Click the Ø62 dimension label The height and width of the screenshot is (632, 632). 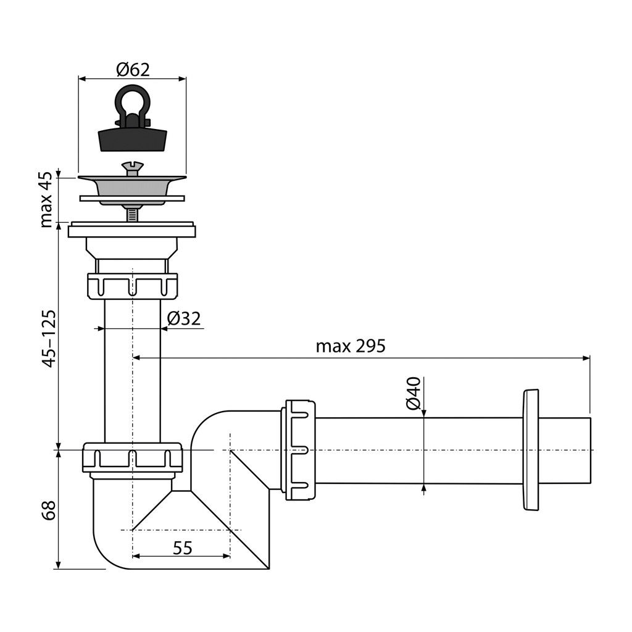[x=133, y=70]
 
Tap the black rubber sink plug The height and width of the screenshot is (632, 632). [x=132, y=139]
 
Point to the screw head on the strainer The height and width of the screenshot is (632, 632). [x=132, y=168]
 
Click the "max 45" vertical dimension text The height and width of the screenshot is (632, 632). [x=46, y=199]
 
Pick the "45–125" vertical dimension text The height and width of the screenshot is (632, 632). [x=49, y=339]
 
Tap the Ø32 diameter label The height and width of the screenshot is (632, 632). [x=184, y=318]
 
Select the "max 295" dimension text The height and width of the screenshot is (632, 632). [x=351, y=346]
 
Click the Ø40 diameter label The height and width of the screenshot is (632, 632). [x=414, y=393]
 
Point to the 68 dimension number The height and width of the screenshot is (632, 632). [x=49, y=510]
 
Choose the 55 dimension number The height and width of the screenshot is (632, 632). [x=183, y=548]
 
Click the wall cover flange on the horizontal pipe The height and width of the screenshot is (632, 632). [x=530, y=450]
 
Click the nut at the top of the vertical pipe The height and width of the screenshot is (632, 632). [x=132, y=286]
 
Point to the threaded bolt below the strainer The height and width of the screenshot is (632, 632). [x=132, y=213]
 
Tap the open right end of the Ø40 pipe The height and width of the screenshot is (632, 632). [x=591, y=450]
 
